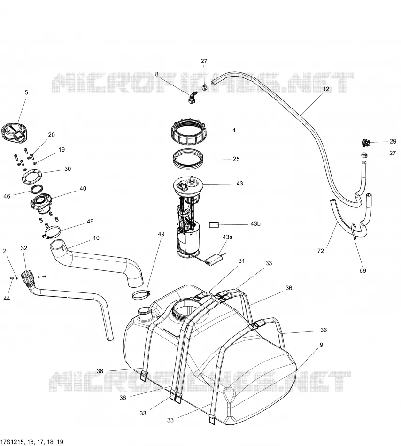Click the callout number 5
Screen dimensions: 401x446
pos(26,92)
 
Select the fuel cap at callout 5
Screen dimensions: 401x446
pos(15,132)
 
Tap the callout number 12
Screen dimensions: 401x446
pos(326,89)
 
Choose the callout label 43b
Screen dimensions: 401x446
pos(255,224)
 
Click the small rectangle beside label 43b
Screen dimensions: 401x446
pos(214,225)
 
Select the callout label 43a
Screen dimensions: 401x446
pos(227,237)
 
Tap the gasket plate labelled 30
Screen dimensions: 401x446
pos(33,177)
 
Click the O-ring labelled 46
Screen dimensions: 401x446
pos(37,189)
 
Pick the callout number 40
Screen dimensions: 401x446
pos(83,189)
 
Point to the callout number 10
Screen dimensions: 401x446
pos(96,238)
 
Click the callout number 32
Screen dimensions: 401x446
pos(24,248)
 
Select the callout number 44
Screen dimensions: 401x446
pos(7,299)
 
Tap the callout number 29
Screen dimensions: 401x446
pos(393,142)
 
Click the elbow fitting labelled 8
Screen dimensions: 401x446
pos(192,97)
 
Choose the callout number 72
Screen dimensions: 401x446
pos(321,251)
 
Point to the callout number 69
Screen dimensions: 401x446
pos(362,271)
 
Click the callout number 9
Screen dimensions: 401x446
pos(321,345)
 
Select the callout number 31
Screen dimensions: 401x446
pos(241,261)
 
